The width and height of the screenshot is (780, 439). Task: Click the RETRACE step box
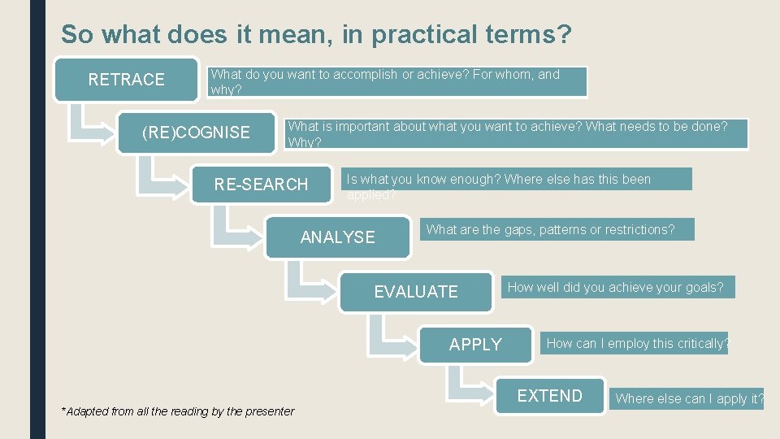[x=126, y=79]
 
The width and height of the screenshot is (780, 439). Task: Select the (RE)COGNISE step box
[x=196, y=132]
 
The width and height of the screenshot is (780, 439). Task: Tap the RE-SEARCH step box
[x=261, y=185]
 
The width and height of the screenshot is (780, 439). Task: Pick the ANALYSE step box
[x=337, y=237]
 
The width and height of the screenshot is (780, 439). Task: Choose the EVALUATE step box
[x=415, y=291]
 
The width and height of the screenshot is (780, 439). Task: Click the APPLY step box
[x=475, y=344]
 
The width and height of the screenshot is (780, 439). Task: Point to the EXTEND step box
[x=550, y=396]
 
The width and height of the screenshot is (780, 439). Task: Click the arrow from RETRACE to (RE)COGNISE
[x=85, y=122]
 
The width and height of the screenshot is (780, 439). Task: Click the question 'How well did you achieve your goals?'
[x=615, y=287]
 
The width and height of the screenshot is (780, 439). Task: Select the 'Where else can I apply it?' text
[x=689, y=398]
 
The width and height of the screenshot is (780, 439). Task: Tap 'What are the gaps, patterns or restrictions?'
[x=550, y=229]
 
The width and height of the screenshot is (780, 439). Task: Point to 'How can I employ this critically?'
[x=637, y=343]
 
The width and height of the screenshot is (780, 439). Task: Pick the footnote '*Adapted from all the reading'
[x=177, y=411]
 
